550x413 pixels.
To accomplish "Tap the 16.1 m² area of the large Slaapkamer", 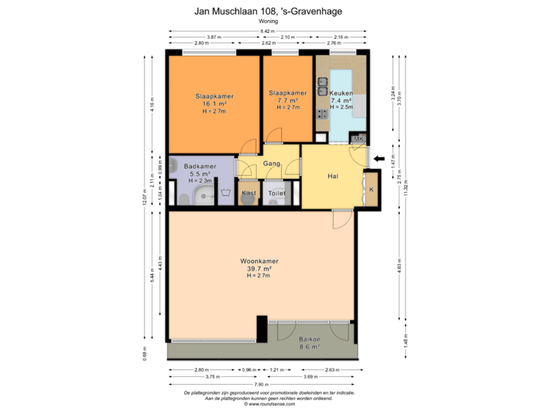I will point(214,104).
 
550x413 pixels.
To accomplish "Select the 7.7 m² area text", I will point(288,100).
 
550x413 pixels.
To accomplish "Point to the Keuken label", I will point(341,93).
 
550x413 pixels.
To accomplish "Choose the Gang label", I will point(271,164).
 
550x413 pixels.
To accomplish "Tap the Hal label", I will point(332,177).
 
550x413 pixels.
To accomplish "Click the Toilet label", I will point(277,194).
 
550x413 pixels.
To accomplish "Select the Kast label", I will point(249,194).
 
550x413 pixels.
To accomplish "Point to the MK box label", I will point(358,138).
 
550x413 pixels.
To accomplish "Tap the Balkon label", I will point(309,340).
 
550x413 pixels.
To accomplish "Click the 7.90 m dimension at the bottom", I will point(261,384).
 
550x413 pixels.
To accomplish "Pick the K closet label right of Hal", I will point(371,189).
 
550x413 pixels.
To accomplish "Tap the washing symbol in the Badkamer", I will point(225,193).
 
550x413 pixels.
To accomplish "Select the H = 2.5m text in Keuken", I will point(341,107).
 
